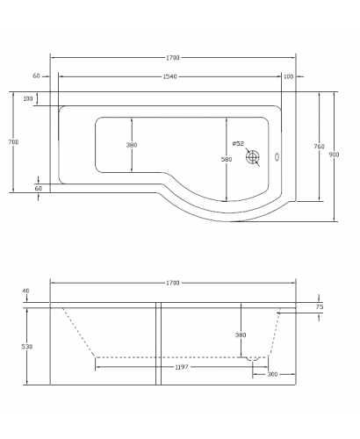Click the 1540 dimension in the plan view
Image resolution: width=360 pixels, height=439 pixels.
170,76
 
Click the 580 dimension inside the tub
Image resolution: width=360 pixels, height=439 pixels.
227,159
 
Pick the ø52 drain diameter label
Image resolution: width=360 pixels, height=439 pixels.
238,143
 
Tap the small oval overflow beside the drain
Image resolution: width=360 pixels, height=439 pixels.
278,159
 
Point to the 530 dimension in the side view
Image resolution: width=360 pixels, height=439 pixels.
27,347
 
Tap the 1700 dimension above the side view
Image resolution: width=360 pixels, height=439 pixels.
172,283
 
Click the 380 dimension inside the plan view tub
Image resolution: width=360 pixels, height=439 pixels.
132,145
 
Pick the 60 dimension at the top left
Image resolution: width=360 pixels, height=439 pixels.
37,76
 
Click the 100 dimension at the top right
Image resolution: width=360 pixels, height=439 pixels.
289,76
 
